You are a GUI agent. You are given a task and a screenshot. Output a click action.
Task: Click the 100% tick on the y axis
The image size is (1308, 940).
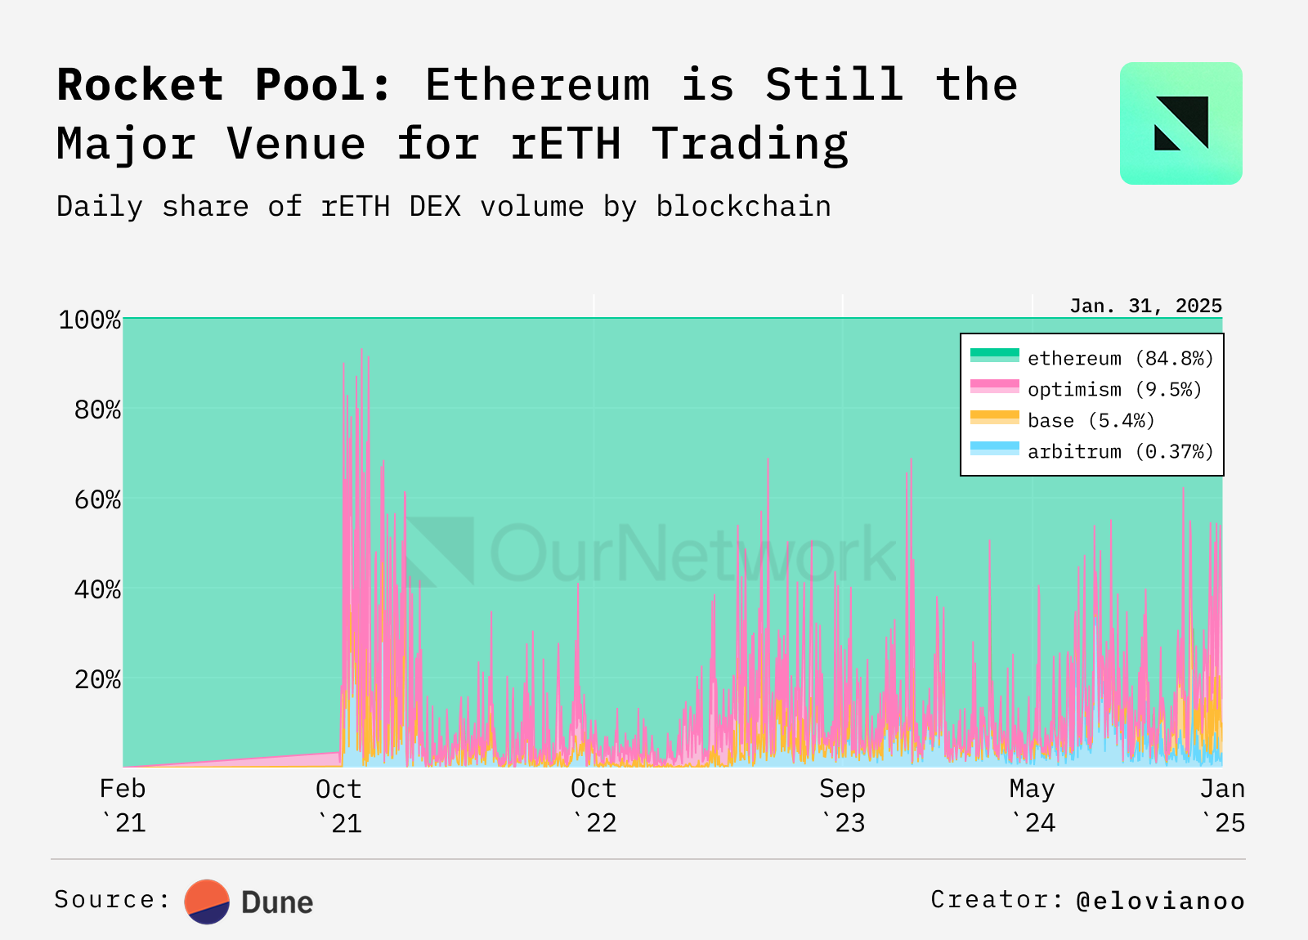click(90, 320)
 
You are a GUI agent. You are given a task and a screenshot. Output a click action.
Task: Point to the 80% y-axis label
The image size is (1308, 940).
click(97, 410)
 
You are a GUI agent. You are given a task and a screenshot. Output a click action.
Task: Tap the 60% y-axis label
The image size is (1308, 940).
click(97, 499)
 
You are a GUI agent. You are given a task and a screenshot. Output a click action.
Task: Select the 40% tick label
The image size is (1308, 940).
click(97, 589)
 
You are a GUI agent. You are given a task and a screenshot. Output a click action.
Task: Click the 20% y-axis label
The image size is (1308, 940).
click(97, 679)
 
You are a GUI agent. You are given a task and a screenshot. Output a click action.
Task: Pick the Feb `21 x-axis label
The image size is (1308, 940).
click(123, 805)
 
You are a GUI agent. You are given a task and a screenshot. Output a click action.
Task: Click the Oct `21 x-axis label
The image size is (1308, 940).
click(338, 805)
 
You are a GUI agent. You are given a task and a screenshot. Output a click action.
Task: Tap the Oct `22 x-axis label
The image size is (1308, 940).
click(594, 805)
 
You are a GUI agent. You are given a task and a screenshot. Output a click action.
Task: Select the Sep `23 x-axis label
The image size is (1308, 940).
click(842, 805)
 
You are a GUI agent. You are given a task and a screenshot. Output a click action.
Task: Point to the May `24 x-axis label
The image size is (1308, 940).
click(1033, 805)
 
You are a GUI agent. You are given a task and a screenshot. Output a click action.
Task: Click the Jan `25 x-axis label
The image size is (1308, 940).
click(1222, 805)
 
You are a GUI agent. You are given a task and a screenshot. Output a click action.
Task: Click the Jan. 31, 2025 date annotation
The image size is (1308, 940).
click(1145, 307)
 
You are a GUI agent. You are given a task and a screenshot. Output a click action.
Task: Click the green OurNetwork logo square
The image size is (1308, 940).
click(1180, 123)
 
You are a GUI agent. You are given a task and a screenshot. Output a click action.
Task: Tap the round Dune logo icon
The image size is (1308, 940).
click(207, 902)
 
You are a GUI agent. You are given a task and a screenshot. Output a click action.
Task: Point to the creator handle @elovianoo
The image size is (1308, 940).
click(1161, 901)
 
